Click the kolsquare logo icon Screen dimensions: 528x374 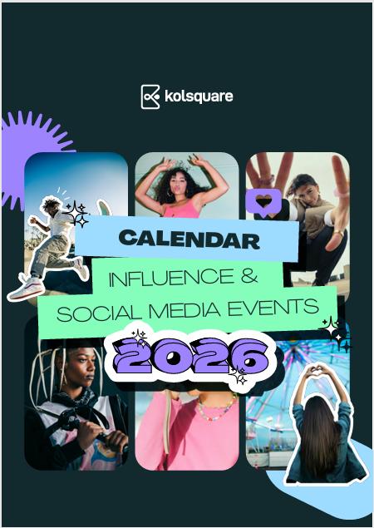pos(150,96)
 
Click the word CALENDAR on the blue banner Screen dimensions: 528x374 pos(189,239)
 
